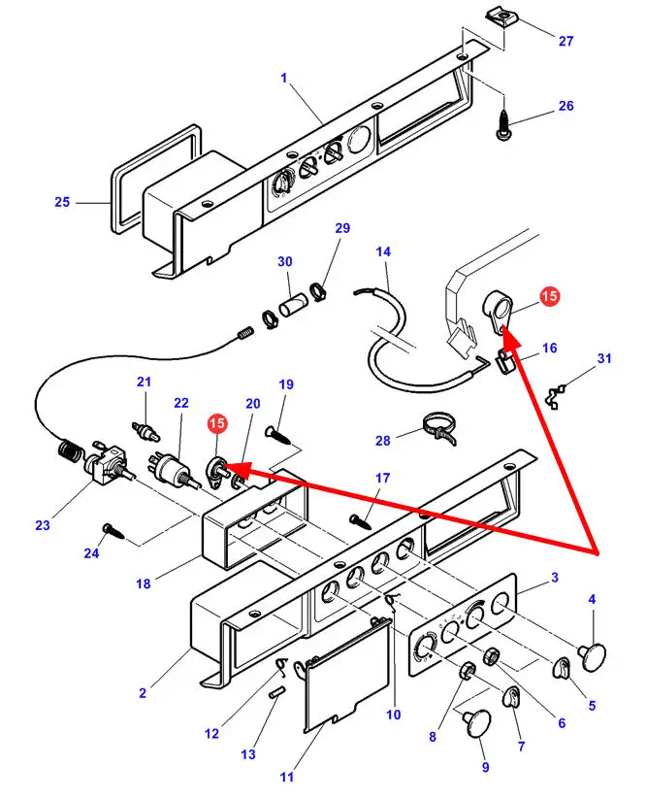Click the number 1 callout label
[x=284, y=78]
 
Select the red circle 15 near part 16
[x=549, y=297]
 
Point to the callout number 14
[x=383, y=252]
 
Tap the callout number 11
[x=286, y=776]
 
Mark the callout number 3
[x=554, y=578]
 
